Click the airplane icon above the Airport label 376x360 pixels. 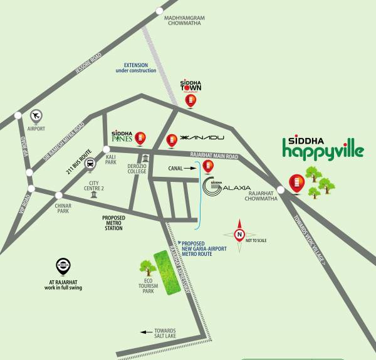[36, 116]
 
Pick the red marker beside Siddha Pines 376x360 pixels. [140, 137]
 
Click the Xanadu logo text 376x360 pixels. [201, 137]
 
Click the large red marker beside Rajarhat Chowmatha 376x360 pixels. [294, 184]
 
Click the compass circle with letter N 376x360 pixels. [239, 236]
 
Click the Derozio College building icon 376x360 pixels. [145, 157]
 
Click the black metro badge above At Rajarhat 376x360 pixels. [63, 266]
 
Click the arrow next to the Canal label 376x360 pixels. [194, 168]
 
